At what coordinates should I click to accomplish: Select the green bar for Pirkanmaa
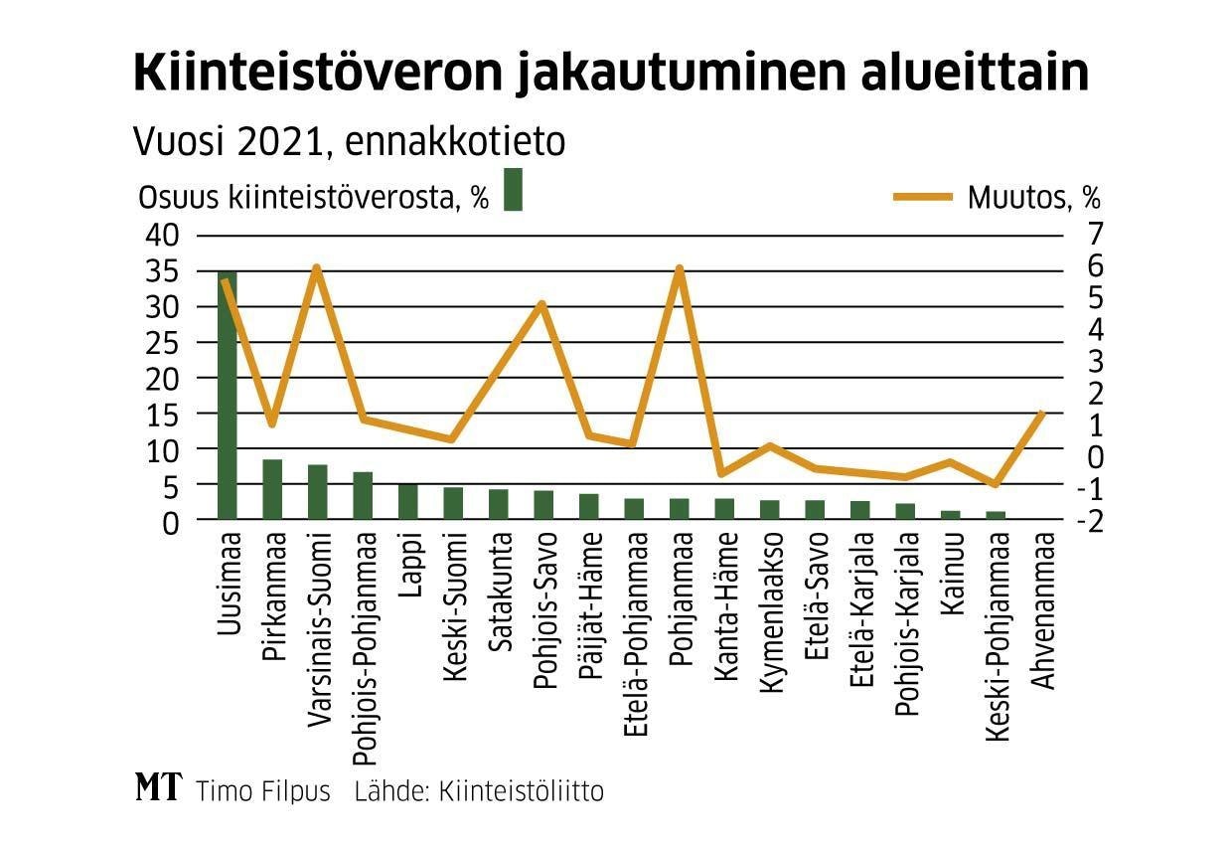click(272, 489)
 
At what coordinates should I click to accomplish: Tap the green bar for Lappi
click(408, 501)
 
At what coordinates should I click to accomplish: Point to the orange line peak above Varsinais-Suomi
click(317, 267)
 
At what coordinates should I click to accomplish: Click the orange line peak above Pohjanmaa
click(680, 268)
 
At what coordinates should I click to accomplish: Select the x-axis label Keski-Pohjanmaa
click(997, 636)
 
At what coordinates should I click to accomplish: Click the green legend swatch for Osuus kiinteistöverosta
click(513, 189)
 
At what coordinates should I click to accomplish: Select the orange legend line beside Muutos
click(925, 197)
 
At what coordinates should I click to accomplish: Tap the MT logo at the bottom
click(159, 788)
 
